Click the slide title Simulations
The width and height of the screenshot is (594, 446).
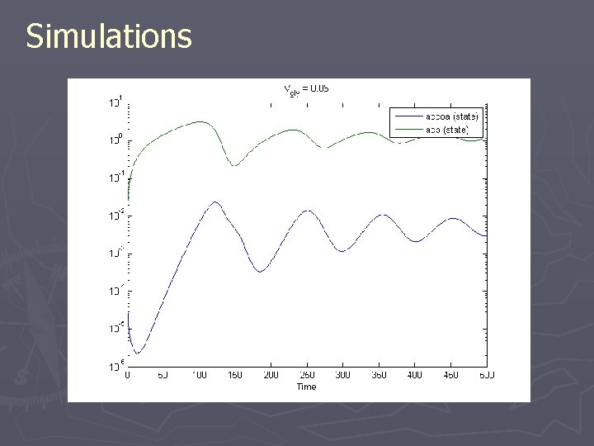pos(108,36)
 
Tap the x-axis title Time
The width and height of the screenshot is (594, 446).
pos(306,386)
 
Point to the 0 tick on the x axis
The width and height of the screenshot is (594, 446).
pos(127,375)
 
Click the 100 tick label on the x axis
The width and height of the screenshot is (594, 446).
pos(199,375)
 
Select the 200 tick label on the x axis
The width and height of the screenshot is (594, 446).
pos(271,375)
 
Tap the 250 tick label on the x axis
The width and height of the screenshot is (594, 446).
pos(306,375)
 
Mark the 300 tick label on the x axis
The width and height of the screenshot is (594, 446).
pos(342,375)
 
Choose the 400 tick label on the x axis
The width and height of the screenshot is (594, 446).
pos(414,375)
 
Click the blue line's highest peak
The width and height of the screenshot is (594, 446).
pos(215,202)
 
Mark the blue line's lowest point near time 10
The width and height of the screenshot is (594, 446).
pos(138,353)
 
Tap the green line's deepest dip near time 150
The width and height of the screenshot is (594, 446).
pos(235,165)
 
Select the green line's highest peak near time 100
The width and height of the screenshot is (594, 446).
pos(200,121)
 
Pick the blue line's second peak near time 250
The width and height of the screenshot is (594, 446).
pos(308,211)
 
